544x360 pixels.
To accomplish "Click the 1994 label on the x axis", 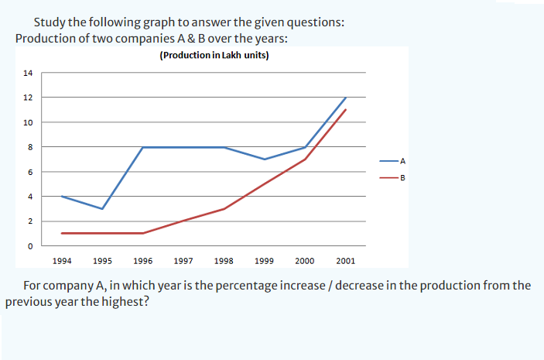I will click(x=61, y=262).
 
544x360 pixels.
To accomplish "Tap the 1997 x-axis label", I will click(x=183, y=262).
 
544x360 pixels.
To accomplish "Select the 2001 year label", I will click(x=346, y=262).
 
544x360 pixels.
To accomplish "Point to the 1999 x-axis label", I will click(x=265, y=262).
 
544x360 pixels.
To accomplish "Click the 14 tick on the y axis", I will click(x=28, y=74).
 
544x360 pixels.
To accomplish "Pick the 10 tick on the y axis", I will click(x=28, y=122).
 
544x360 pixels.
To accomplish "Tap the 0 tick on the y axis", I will click(x=30, y=246).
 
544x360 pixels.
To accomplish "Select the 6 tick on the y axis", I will click(x=30, y=172).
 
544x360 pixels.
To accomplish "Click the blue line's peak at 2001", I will click(x=346, y=98).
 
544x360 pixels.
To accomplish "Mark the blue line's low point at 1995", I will click(x=102, y=209).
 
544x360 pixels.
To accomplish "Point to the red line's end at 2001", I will click(x=346, y=110).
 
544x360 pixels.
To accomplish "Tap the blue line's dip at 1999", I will click(x=265, y=159).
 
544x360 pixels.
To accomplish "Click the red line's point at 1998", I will click(x=224, y=209).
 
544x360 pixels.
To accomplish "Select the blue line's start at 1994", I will click(x=61, y=197).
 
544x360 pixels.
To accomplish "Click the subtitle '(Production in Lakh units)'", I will click(x=214, y=56).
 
